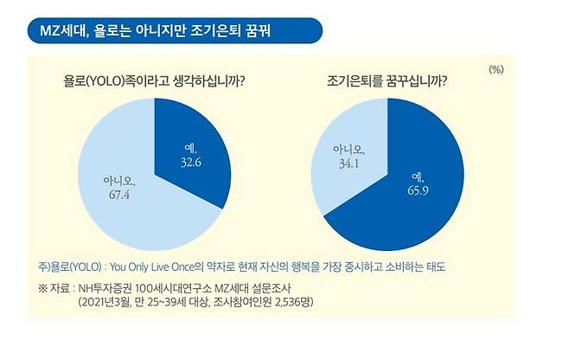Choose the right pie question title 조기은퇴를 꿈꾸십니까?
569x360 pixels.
click(x=389, y=85)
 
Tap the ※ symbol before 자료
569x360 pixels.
click(x=42, y=286)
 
